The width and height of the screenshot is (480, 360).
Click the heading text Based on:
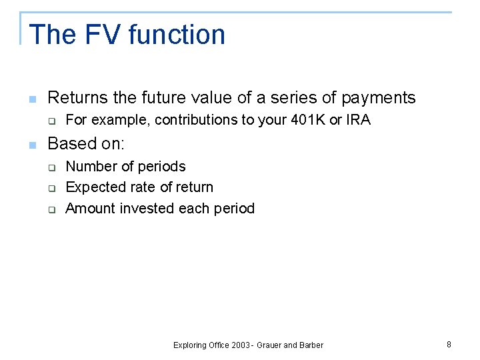[86, 144]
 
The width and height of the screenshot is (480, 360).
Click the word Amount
[90, 209]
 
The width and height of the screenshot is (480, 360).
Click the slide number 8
[449, 345]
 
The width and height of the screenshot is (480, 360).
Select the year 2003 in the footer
[241, 345]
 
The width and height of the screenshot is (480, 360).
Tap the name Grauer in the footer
[275, 345]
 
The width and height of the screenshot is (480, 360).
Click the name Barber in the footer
[311, 345]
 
